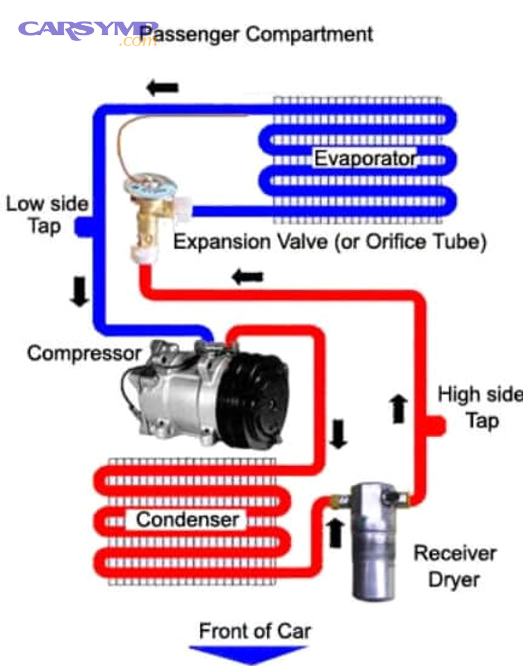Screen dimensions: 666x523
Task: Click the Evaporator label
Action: click(x=366, y=158)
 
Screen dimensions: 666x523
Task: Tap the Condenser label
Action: click(x=187, y=519)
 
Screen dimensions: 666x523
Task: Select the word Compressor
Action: click(x=84, y=353)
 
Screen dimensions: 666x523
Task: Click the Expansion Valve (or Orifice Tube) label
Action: click(x=329, y=241)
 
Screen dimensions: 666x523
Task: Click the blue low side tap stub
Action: click(x=83, y=227)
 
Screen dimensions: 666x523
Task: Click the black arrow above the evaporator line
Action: click(x=162, y=88)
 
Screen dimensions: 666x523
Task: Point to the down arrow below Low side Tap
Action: click(x=79, y=292)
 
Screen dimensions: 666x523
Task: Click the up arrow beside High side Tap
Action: click(x=399, y=409)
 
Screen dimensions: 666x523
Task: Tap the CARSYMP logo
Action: click(x=87, y=30)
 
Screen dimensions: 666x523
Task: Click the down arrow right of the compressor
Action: click(x=338, y=434)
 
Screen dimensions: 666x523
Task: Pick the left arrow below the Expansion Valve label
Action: click(x=248, y=277)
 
